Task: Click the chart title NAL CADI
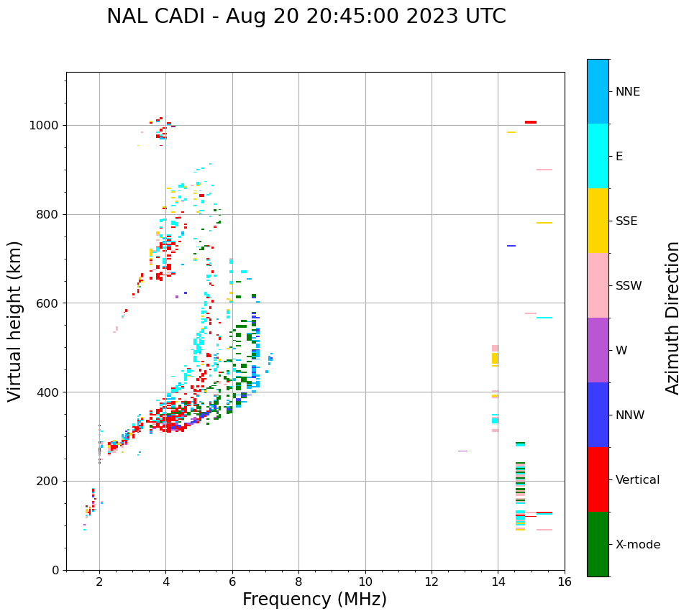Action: (x=306, y=17)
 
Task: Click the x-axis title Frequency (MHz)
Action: (x=314, y=599)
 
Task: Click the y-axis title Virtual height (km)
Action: (x=15, y=321)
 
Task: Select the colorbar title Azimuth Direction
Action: (x=672, y=317)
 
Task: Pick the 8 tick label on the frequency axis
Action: (x=298, y=581)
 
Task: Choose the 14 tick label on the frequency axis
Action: (x=498, y=581)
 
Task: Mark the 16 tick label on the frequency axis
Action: (x=565, y=581)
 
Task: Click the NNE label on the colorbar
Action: (x=628, y=92)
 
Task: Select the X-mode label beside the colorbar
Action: (x=637, y=545)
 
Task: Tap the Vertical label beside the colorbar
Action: (x=637, y=480)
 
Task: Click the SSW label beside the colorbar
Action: (x=629, y=286)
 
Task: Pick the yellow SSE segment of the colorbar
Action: (x=598, y=221)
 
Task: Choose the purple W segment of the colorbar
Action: (x=598, y=350)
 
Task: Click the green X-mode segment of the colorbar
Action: (x=598, y=544)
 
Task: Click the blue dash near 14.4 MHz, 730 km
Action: (x=511, y=246)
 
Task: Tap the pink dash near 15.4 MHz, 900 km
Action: (x=544, y=170)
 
